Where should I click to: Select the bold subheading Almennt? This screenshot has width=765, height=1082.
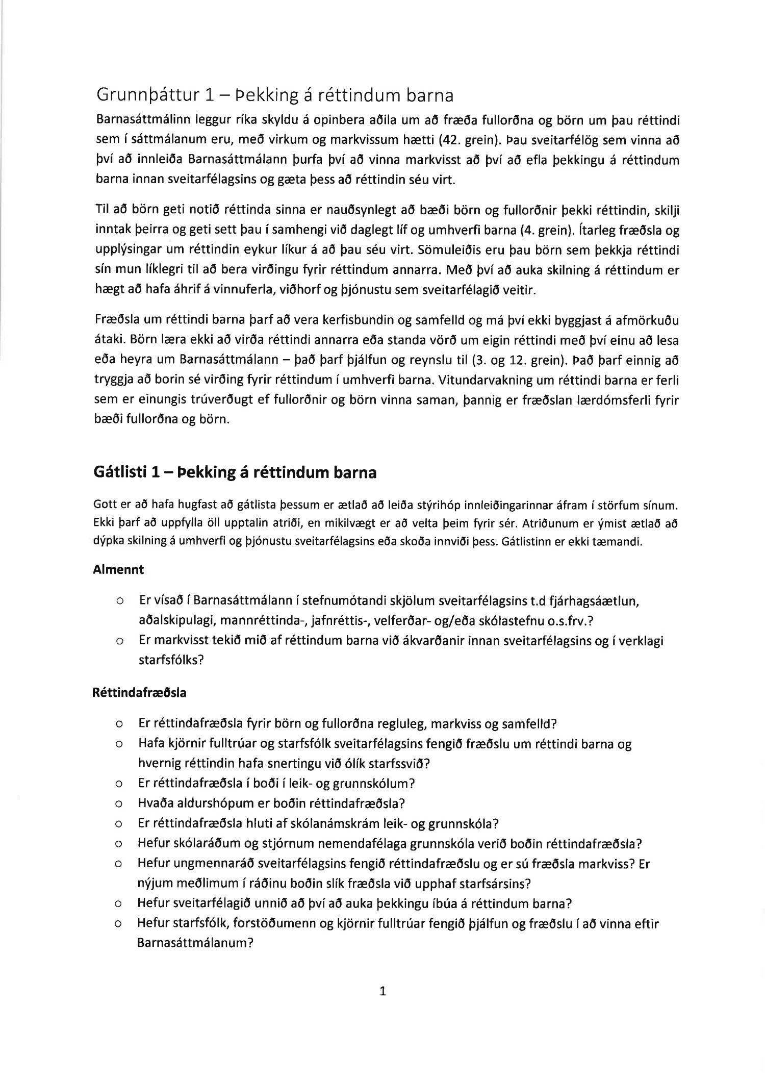click(x=118, y=570)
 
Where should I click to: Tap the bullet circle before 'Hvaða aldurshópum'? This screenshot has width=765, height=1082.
click(x=118, y=804)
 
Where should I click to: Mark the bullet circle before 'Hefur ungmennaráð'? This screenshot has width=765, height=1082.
click(x=118, y=865)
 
